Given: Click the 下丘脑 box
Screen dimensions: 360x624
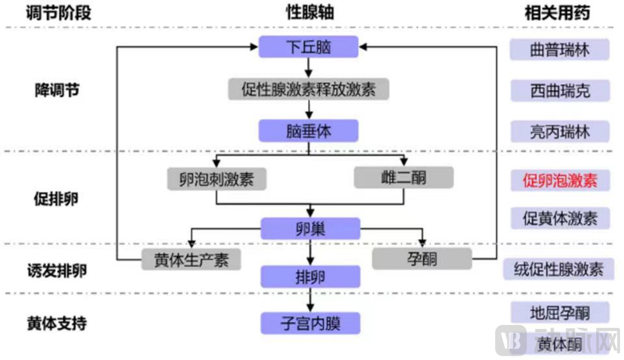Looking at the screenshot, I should (308, 47).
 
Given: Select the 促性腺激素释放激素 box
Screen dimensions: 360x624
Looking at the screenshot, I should (308, 89).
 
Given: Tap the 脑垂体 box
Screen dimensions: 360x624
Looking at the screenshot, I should (308, 131).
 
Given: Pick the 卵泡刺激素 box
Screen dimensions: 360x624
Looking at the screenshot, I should (217, 179).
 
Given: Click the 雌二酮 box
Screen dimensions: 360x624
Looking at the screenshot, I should (403, 177).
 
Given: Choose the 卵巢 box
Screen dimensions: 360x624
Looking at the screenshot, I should (310, 228).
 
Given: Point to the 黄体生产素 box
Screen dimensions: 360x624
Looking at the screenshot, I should (191, 260).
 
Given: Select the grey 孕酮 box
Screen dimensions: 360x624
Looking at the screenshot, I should (422, 259).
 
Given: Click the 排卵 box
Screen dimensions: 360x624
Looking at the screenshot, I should (310, 277).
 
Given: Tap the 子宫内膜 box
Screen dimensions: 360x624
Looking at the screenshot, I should (310, 323).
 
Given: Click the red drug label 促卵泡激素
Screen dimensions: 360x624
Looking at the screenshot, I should (560, 180).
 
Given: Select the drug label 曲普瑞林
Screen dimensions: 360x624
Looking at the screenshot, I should (559, 50).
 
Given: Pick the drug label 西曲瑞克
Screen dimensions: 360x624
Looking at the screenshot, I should (560, 91).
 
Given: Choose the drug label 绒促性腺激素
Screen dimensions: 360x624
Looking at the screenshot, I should (559, 269).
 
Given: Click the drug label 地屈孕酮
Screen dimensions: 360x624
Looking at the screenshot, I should (560, 313).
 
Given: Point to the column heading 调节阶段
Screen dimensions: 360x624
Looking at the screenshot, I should (58, 13).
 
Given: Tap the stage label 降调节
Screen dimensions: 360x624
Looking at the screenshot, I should (57, 90).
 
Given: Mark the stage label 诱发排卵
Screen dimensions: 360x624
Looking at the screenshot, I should (57, 271).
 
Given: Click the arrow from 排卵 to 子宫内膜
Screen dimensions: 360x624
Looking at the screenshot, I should (310, 300).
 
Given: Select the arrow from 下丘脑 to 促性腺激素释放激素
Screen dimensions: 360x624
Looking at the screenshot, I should (308, 68).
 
